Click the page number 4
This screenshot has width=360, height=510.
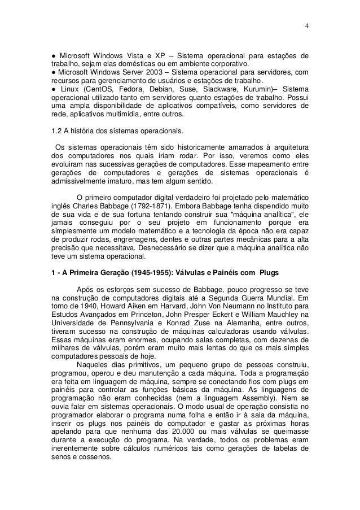306,25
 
